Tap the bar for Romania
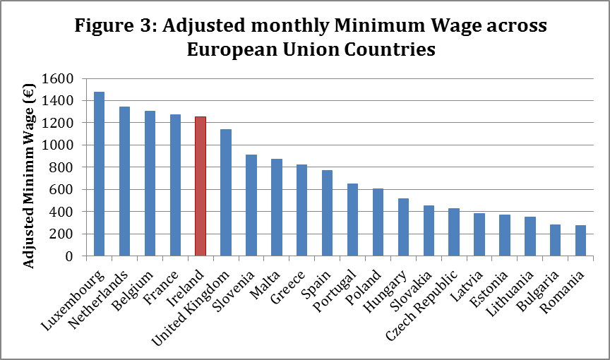pos(581,241)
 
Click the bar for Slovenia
pos(251,205)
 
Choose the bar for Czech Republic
pos(454,232)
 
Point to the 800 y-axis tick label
pos(63,167)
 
